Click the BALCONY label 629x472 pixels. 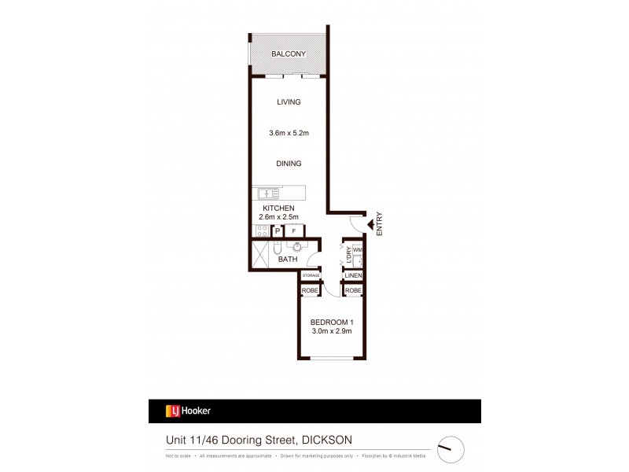pos(288,54)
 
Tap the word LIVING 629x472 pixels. pos(288,102)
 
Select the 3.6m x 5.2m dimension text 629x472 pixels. pos(288,133)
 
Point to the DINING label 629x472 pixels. pos(288,164)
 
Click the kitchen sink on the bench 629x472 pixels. pos(266,193)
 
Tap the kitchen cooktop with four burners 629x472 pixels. pos(260,230)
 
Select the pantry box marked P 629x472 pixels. pos(278,231)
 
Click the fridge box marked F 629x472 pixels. pos(294,231)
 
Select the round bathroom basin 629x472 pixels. pos(299,245)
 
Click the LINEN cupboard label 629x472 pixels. pos(352,276)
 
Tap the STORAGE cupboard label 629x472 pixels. pos(311,276)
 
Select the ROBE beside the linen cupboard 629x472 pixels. pos(352,290)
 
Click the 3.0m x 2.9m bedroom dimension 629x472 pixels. pos(331,332)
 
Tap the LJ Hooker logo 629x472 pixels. pos(188,411)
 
